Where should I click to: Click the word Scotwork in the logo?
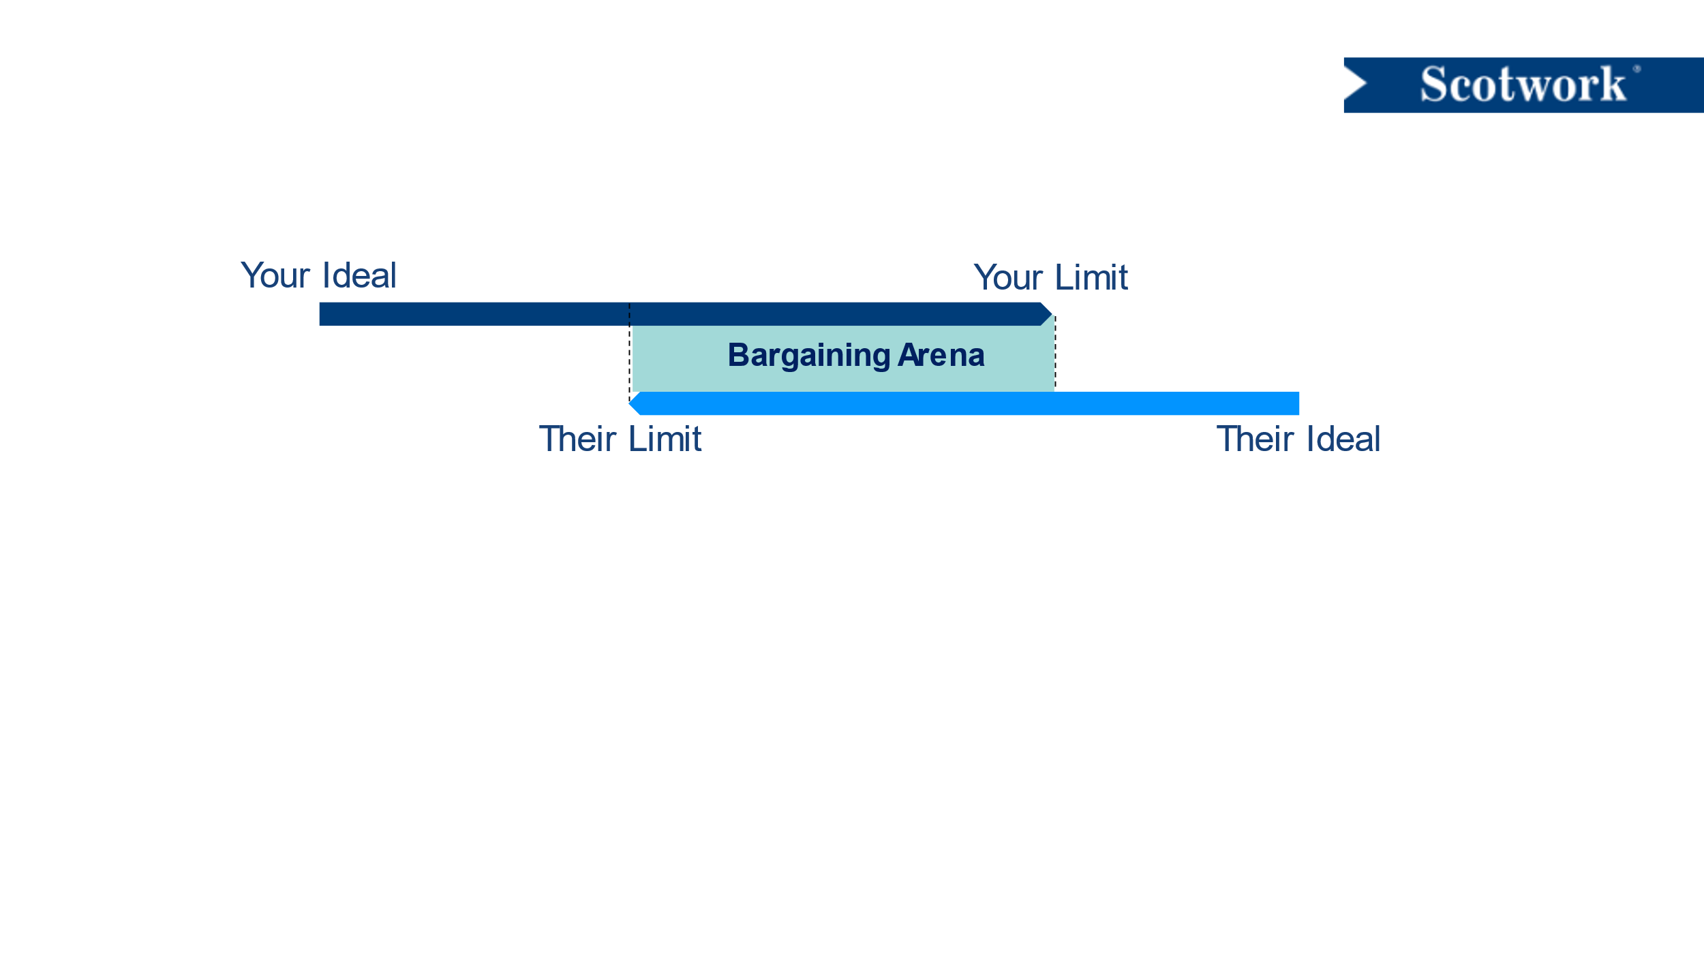[x=1523, y=84]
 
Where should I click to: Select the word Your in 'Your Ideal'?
[x=275, y=276]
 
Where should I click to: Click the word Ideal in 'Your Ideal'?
[x=359, y=275]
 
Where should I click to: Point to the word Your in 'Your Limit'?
[x=1009, y=278]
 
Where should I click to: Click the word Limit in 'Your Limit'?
[x=1091, y=277]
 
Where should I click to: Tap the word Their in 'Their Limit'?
[x=577, y=439]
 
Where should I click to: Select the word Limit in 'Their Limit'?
[x=665, y=439]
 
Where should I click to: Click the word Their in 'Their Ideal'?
[x=1255, y=439]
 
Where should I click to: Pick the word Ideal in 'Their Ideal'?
[x=1343, y=439]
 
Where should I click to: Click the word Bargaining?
[x=809, y=356]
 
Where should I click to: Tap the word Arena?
[x=941, y=355]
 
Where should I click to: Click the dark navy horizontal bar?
[x=686, y=314]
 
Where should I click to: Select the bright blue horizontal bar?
[x=964, y=403]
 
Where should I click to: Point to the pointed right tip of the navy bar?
[x=1052, y=314]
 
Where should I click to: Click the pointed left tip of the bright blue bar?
[x=629, y=403]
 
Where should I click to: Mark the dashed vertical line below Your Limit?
[x=1055, y=353]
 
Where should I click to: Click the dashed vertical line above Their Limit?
[x=629, y=353]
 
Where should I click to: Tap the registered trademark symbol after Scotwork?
[x=1637, y=69]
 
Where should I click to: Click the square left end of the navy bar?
[x=320, y=314]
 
